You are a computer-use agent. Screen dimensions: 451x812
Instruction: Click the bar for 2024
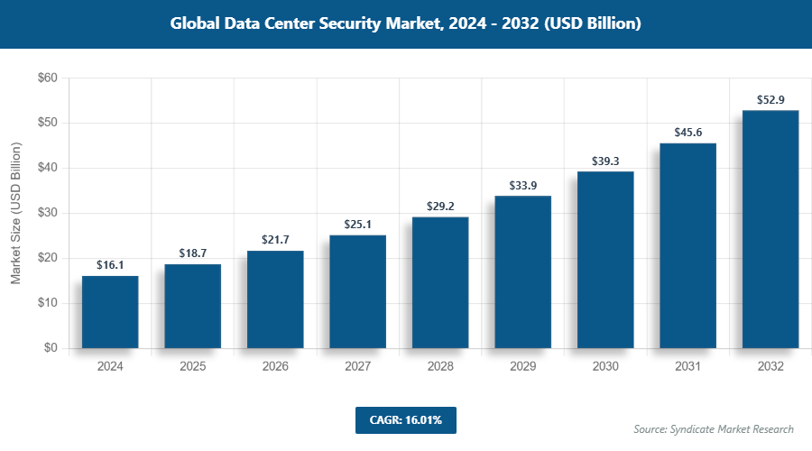(110, 312)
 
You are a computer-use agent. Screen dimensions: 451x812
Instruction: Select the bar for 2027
(357, 291)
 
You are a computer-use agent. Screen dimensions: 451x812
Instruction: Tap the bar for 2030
(605, 260)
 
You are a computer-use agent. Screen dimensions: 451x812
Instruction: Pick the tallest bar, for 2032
(770, 229)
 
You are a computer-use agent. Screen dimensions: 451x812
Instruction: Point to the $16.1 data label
(110, 265)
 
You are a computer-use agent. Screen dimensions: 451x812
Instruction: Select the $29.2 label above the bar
(440, 207)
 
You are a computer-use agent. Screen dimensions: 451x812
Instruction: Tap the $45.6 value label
(687, 133)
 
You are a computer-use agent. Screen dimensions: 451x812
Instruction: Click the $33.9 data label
(522, 186)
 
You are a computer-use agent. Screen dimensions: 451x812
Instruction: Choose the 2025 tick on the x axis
(192, 367)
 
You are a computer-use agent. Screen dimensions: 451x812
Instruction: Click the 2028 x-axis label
(440, 367)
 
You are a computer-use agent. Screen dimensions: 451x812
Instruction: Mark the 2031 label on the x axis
(687, 367)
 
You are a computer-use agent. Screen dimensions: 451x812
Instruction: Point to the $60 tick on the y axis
(47, 78)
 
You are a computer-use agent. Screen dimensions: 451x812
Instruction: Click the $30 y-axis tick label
(47, 214)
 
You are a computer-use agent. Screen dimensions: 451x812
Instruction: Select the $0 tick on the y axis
(51, 348)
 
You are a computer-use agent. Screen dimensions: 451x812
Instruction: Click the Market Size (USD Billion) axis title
(15, 214)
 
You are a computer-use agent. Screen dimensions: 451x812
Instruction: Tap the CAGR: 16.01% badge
(405, 420)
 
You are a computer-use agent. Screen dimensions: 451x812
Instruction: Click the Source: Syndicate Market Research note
(714, 428)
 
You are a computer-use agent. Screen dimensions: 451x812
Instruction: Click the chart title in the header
(405, 24)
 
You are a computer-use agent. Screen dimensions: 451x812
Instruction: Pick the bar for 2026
(275, 299)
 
